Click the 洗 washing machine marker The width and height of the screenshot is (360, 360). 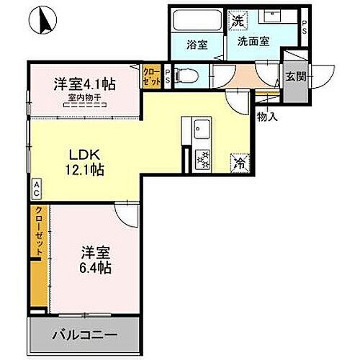[237, 21]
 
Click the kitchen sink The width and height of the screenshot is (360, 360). [201, 131]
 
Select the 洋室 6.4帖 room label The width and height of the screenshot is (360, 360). [94, 260]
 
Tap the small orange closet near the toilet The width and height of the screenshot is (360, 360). [151, 75]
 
